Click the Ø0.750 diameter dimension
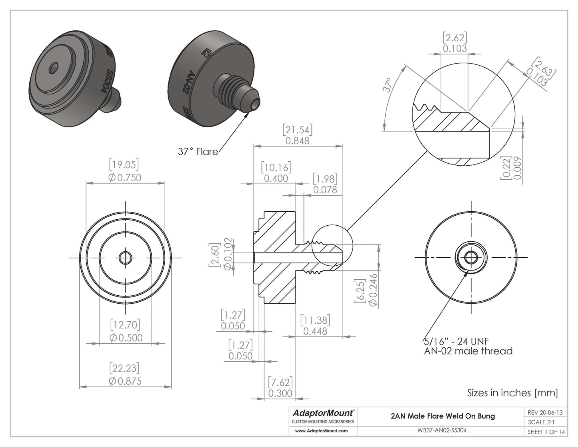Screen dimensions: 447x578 click(x=125, y=177)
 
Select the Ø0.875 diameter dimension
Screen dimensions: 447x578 click(x=125, y=381)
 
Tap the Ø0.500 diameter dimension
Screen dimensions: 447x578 click(x=125, y=337)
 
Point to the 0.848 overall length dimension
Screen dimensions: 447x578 click(x=298, y=141)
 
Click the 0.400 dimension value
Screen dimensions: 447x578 click(x=276, y=178)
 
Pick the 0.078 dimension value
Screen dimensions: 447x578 click(x=325, y=190)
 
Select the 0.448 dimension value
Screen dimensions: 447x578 click(x=315, y=331)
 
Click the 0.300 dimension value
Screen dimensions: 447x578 click(x=280, y=393)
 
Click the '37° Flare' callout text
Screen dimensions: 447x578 click(x=198, y=152)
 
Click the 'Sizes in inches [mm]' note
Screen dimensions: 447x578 click(x=512, y=393)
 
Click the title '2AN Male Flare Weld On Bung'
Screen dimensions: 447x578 click(x=442, y=416)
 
